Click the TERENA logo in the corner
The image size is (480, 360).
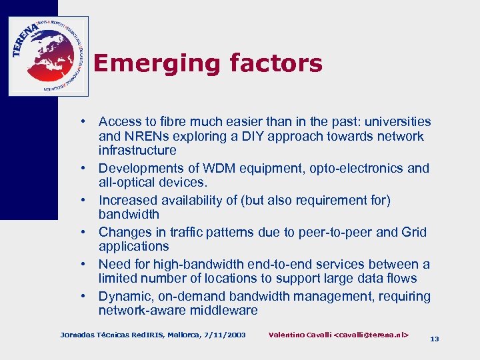[x=48, y=56]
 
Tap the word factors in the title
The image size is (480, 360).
[x=275, y=64]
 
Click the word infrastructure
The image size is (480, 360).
[x=137, y=151]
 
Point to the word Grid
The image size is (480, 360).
[x=414, y=232]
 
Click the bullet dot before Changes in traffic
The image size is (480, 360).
[x=85, y=232]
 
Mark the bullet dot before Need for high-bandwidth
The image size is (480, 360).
[x=85, y=264]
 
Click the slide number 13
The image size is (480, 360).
[x=435, y=339]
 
